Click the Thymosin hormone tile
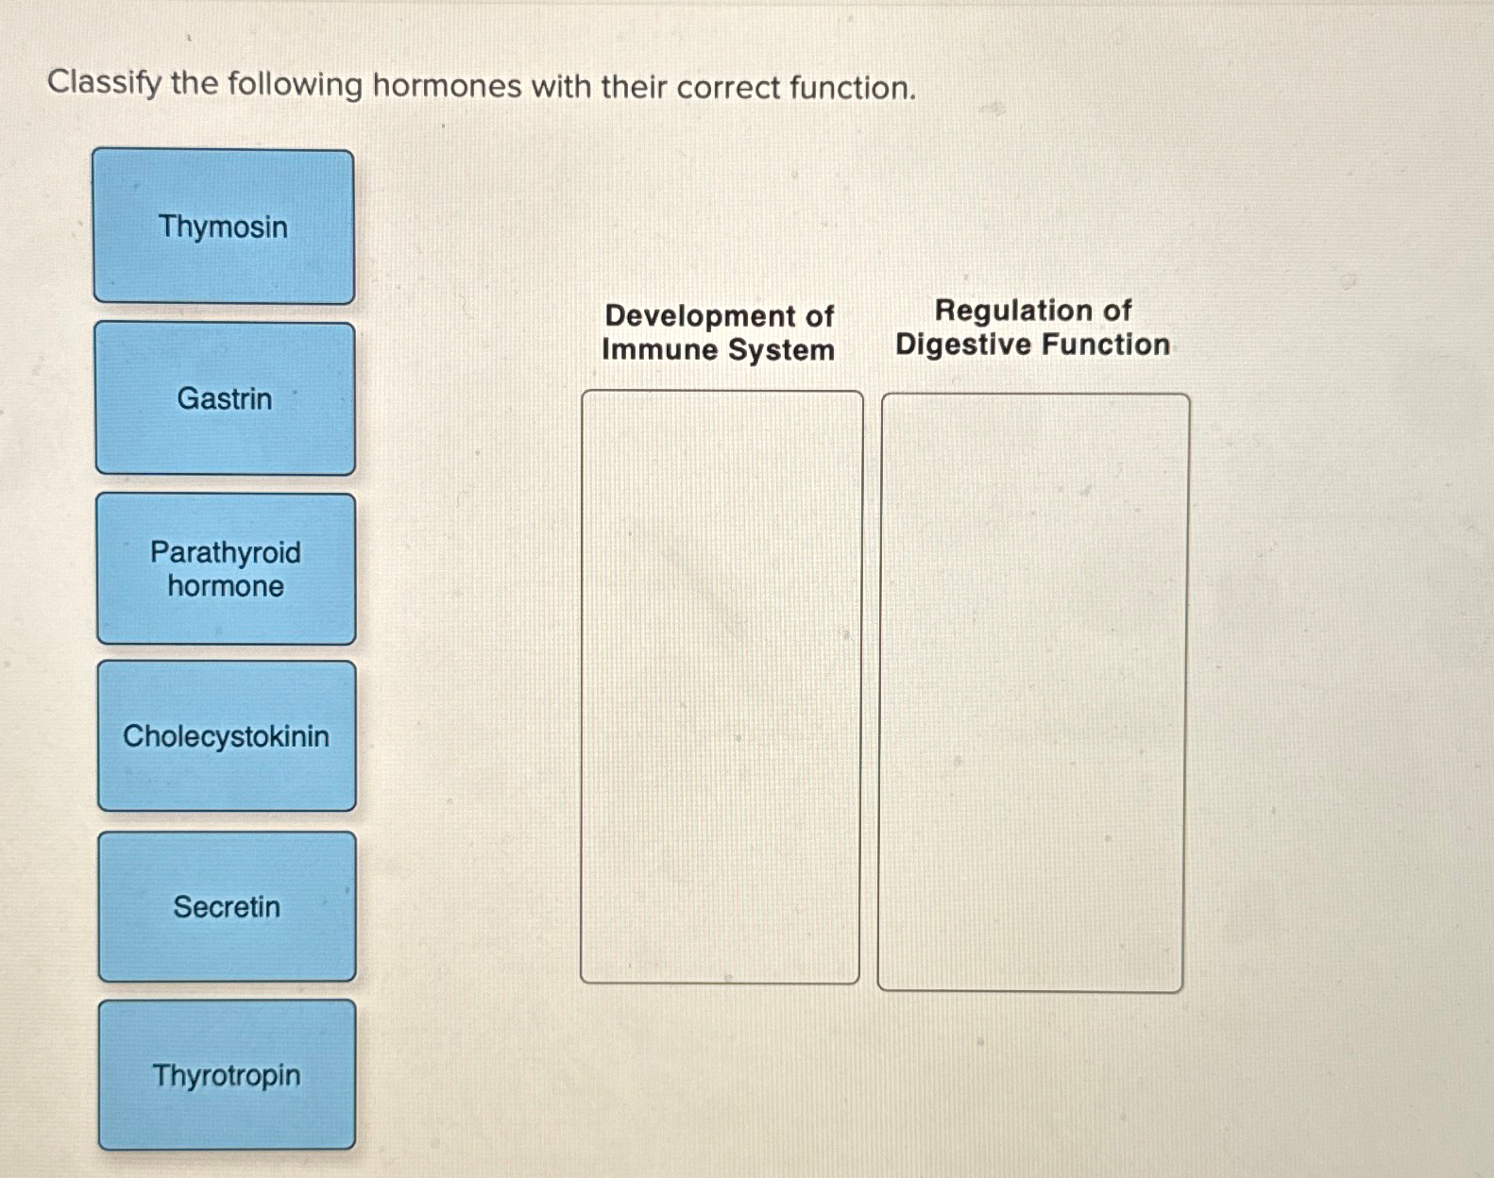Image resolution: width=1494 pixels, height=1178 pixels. (224, 227)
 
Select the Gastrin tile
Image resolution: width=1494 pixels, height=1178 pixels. (225, 398)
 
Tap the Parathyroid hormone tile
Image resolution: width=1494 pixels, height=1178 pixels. (226, 569)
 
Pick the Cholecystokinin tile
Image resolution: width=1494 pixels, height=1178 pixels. (227, 736)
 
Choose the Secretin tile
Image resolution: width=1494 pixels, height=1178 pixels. (227, 907)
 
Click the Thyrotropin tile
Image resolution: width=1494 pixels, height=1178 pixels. (227, 1075)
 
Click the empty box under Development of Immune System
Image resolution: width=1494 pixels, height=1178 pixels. (721, 687)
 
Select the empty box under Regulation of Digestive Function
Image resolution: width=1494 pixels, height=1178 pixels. (1032, 692)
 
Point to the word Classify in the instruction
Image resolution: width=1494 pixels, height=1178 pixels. (105, 83)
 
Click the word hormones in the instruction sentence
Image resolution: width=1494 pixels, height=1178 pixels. (447, 86)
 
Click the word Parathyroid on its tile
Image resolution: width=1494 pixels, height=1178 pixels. (226, 552)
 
